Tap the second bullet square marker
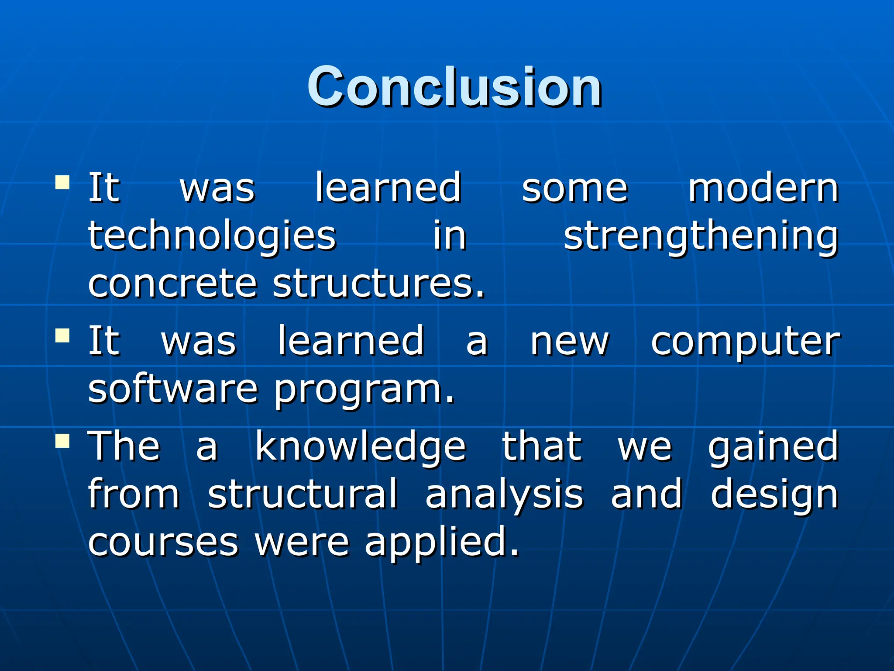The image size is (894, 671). tap(63, 335)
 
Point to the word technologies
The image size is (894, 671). tap(212, 236)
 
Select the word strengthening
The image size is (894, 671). tap(700, 236)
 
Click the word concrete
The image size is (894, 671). tap(172, 284)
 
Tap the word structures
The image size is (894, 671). tap(379, 284)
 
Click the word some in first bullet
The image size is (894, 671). tap(574, 189)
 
